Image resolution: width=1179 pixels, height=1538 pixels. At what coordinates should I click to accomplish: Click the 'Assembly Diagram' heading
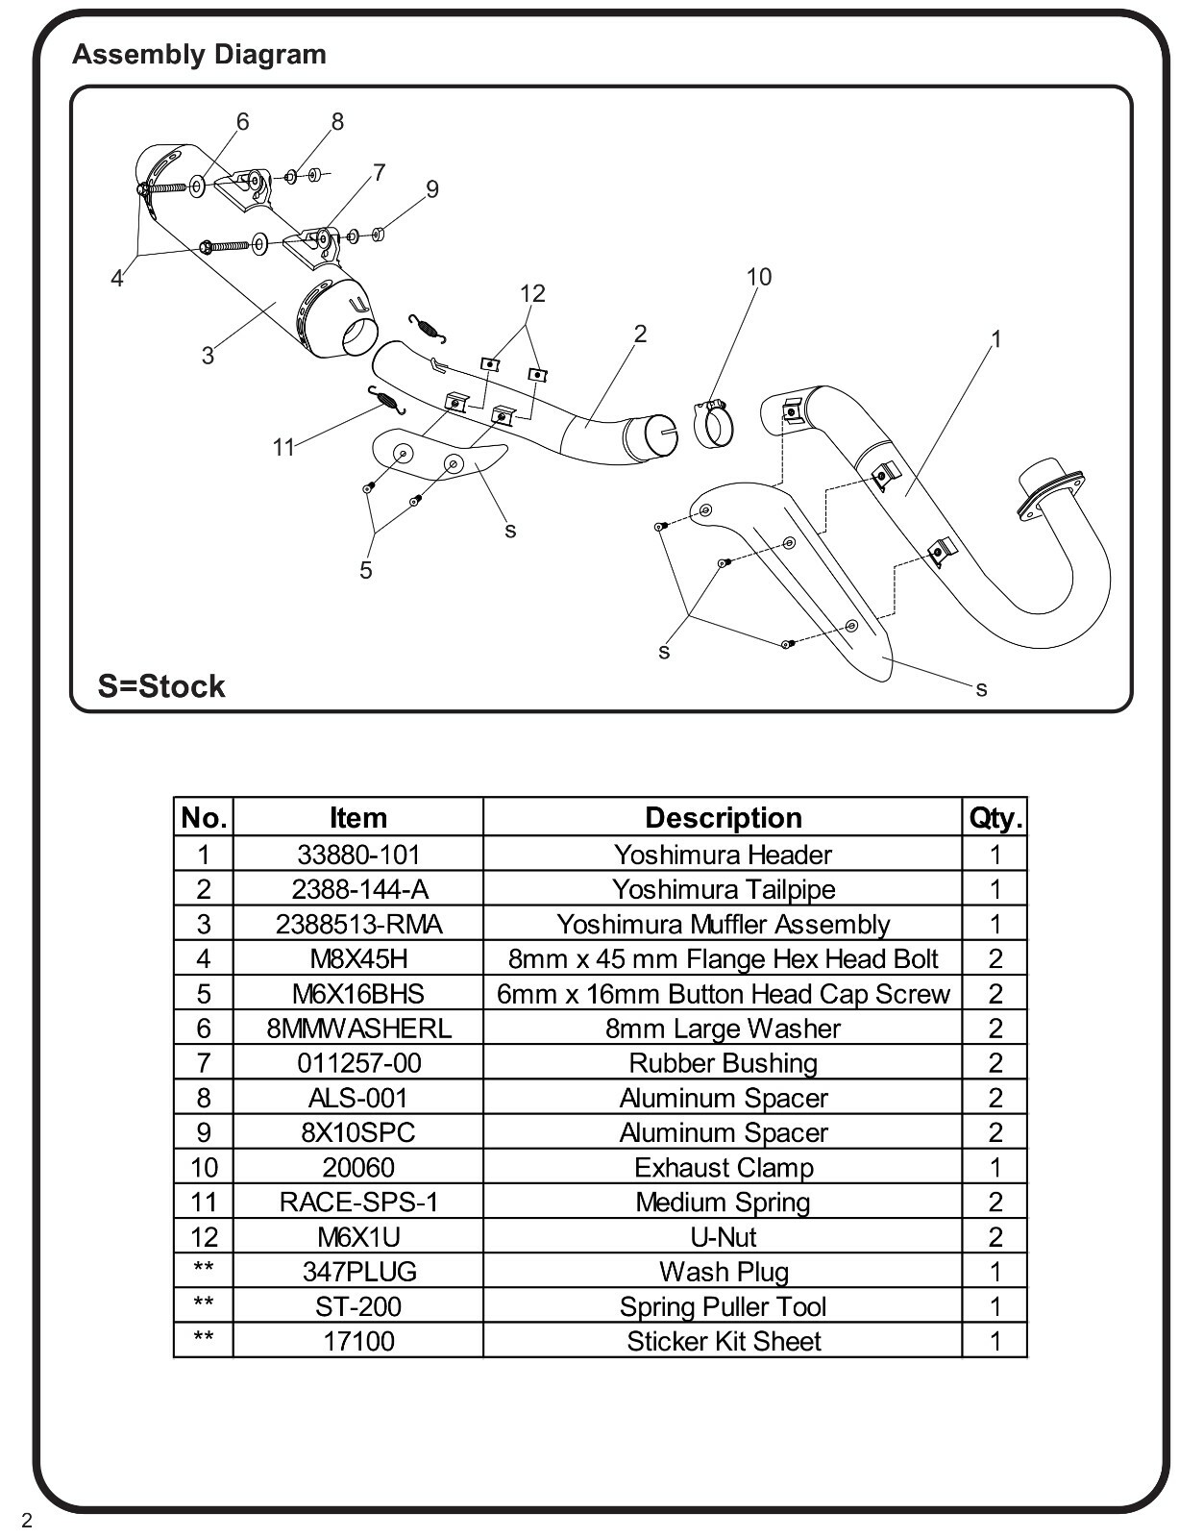coord(199,55)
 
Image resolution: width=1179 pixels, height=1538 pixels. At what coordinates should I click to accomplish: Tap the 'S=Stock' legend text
coord(161,685)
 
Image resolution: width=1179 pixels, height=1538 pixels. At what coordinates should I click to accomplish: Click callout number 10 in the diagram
coord(759,277)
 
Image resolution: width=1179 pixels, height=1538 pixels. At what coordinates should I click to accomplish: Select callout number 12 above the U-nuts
coord(532,293)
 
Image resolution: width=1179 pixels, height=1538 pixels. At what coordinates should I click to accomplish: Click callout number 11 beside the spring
coord(282,447)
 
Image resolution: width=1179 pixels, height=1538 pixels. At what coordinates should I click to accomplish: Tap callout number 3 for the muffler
coord(208,356)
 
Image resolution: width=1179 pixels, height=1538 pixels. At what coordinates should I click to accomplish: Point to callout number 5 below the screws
coord(366,570)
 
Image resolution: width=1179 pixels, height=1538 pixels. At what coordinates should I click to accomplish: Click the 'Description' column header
coord(723,817)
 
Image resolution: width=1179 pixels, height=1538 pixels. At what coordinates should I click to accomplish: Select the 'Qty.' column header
coord(995,817)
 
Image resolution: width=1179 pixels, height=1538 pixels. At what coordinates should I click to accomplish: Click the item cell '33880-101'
coord(358,855)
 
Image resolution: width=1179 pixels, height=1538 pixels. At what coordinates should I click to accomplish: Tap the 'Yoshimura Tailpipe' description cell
coord(723,889)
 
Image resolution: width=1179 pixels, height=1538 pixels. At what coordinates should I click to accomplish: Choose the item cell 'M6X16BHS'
coord(358,994)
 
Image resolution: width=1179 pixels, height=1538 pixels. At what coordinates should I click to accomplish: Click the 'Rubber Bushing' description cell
coord(723,1063)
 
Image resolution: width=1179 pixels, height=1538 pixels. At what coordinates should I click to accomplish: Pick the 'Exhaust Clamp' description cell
coord(723,1167)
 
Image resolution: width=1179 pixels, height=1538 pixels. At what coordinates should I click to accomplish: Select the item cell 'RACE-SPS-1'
coord(358,1202)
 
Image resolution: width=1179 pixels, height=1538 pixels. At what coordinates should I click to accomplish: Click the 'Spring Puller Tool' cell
coord(723,1306)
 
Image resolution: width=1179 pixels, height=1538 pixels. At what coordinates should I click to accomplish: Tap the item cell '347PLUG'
coord(358,1272)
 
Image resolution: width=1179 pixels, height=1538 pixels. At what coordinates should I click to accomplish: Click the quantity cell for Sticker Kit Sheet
coord(995,1341)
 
